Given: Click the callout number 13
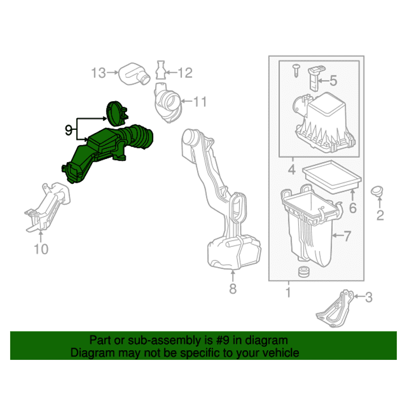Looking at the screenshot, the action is [x=99, y=73].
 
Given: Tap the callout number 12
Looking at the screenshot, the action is [x=185, y=73].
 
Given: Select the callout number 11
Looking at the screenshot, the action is [x=200, y=102].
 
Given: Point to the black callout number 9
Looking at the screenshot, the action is [x=68, y=130].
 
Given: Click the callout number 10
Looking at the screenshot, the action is [x=41, y=249].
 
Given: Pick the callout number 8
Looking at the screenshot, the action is [x=233, y=288].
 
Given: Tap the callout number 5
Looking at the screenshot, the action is [x=333, y=81].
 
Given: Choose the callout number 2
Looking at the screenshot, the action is [x=380, y=216].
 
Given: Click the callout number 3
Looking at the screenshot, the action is [x=369, y=297].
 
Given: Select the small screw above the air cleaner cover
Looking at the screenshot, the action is [x=296, y=70].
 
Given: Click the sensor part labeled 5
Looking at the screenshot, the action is [x=315, y=78].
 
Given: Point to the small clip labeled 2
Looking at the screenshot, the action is [x=377, y=191].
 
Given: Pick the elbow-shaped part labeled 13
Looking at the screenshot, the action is [x=134, y=74].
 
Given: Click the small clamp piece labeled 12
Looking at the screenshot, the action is [x=161, y=70].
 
